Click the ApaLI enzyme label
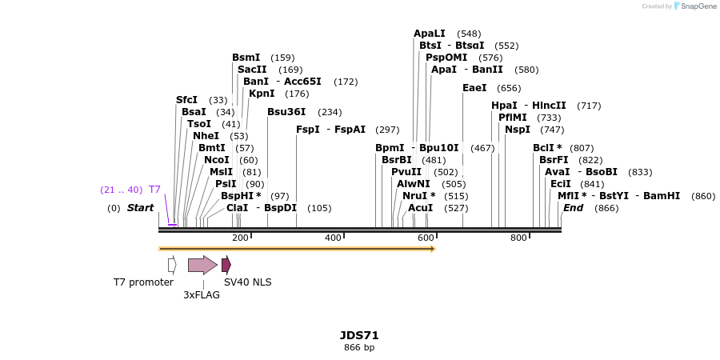430,34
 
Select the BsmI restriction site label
246,58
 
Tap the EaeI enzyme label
474,88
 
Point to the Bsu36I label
286,112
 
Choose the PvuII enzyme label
406,172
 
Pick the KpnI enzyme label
262,94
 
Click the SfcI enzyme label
186,100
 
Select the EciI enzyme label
561,184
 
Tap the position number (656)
509,88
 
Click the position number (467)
482,148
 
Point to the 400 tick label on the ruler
333,238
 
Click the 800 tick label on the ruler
518,238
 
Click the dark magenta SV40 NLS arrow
226,265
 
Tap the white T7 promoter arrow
172,265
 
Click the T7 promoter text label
143,282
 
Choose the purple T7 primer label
154,190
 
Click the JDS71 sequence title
359,335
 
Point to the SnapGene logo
696,6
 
